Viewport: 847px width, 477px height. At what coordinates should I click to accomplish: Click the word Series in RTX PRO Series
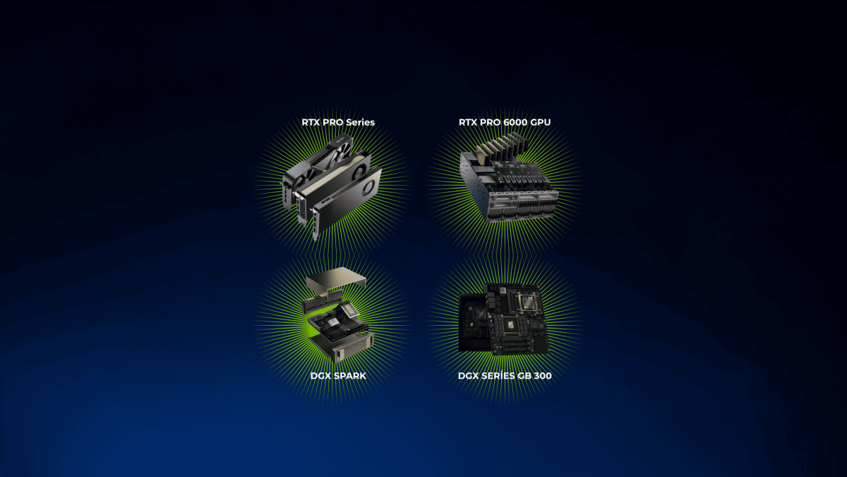click(x=360, y=122)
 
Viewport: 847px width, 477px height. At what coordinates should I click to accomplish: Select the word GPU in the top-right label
click(x=541, y=122)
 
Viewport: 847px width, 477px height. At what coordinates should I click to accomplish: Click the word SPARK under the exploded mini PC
click(x=349, y=376)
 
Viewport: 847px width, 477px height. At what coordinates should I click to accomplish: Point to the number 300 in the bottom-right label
click(x=543, y=376)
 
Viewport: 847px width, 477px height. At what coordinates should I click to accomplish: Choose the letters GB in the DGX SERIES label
click(x=524, y=376)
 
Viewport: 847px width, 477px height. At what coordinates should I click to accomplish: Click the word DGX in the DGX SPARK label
click(x=320, y=376)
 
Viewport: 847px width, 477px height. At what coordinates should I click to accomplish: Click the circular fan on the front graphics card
click(x=368, y=187)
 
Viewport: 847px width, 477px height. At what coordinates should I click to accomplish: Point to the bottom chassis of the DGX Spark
click(x=342, y=346)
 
